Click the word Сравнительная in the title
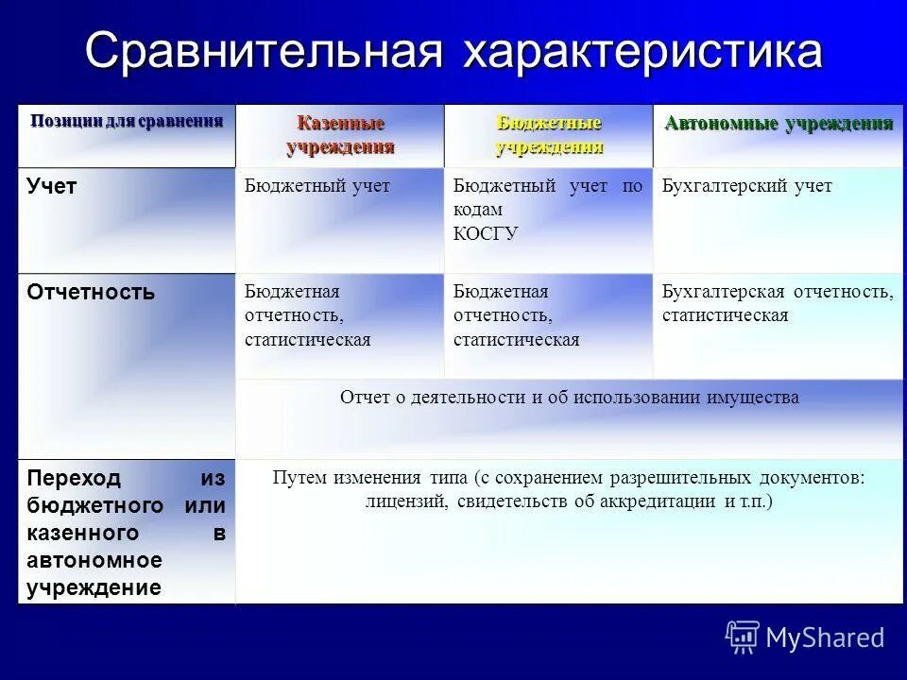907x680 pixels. point(264,52)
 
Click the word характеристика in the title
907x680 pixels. point(642,52)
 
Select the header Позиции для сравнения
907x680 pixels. point(127,121)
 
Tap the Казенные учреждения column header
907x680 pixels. point(340,135)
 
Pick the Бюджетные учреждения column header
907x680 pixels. point(549,135)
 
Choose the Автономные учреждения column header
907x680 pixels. point(779,124)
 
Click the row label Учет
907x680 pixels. point(52,187)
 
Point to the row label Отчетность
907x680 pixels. point(91,292)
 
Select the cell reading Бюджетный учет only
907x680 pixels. point(317,186)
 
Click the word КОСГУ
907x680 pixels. point(486,233)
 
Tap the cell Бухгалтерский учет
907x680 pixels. point(746,186)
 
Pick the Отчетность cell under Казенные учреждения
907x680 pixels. point(307,315)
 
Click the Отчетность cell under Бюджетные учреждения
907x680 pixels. point(516,315)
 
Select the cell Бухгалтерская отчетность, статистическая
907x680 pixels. point(777,303)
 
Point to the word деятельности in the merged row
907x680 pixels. point(471,398)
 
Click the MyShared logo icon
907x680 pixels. point(743,637)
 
